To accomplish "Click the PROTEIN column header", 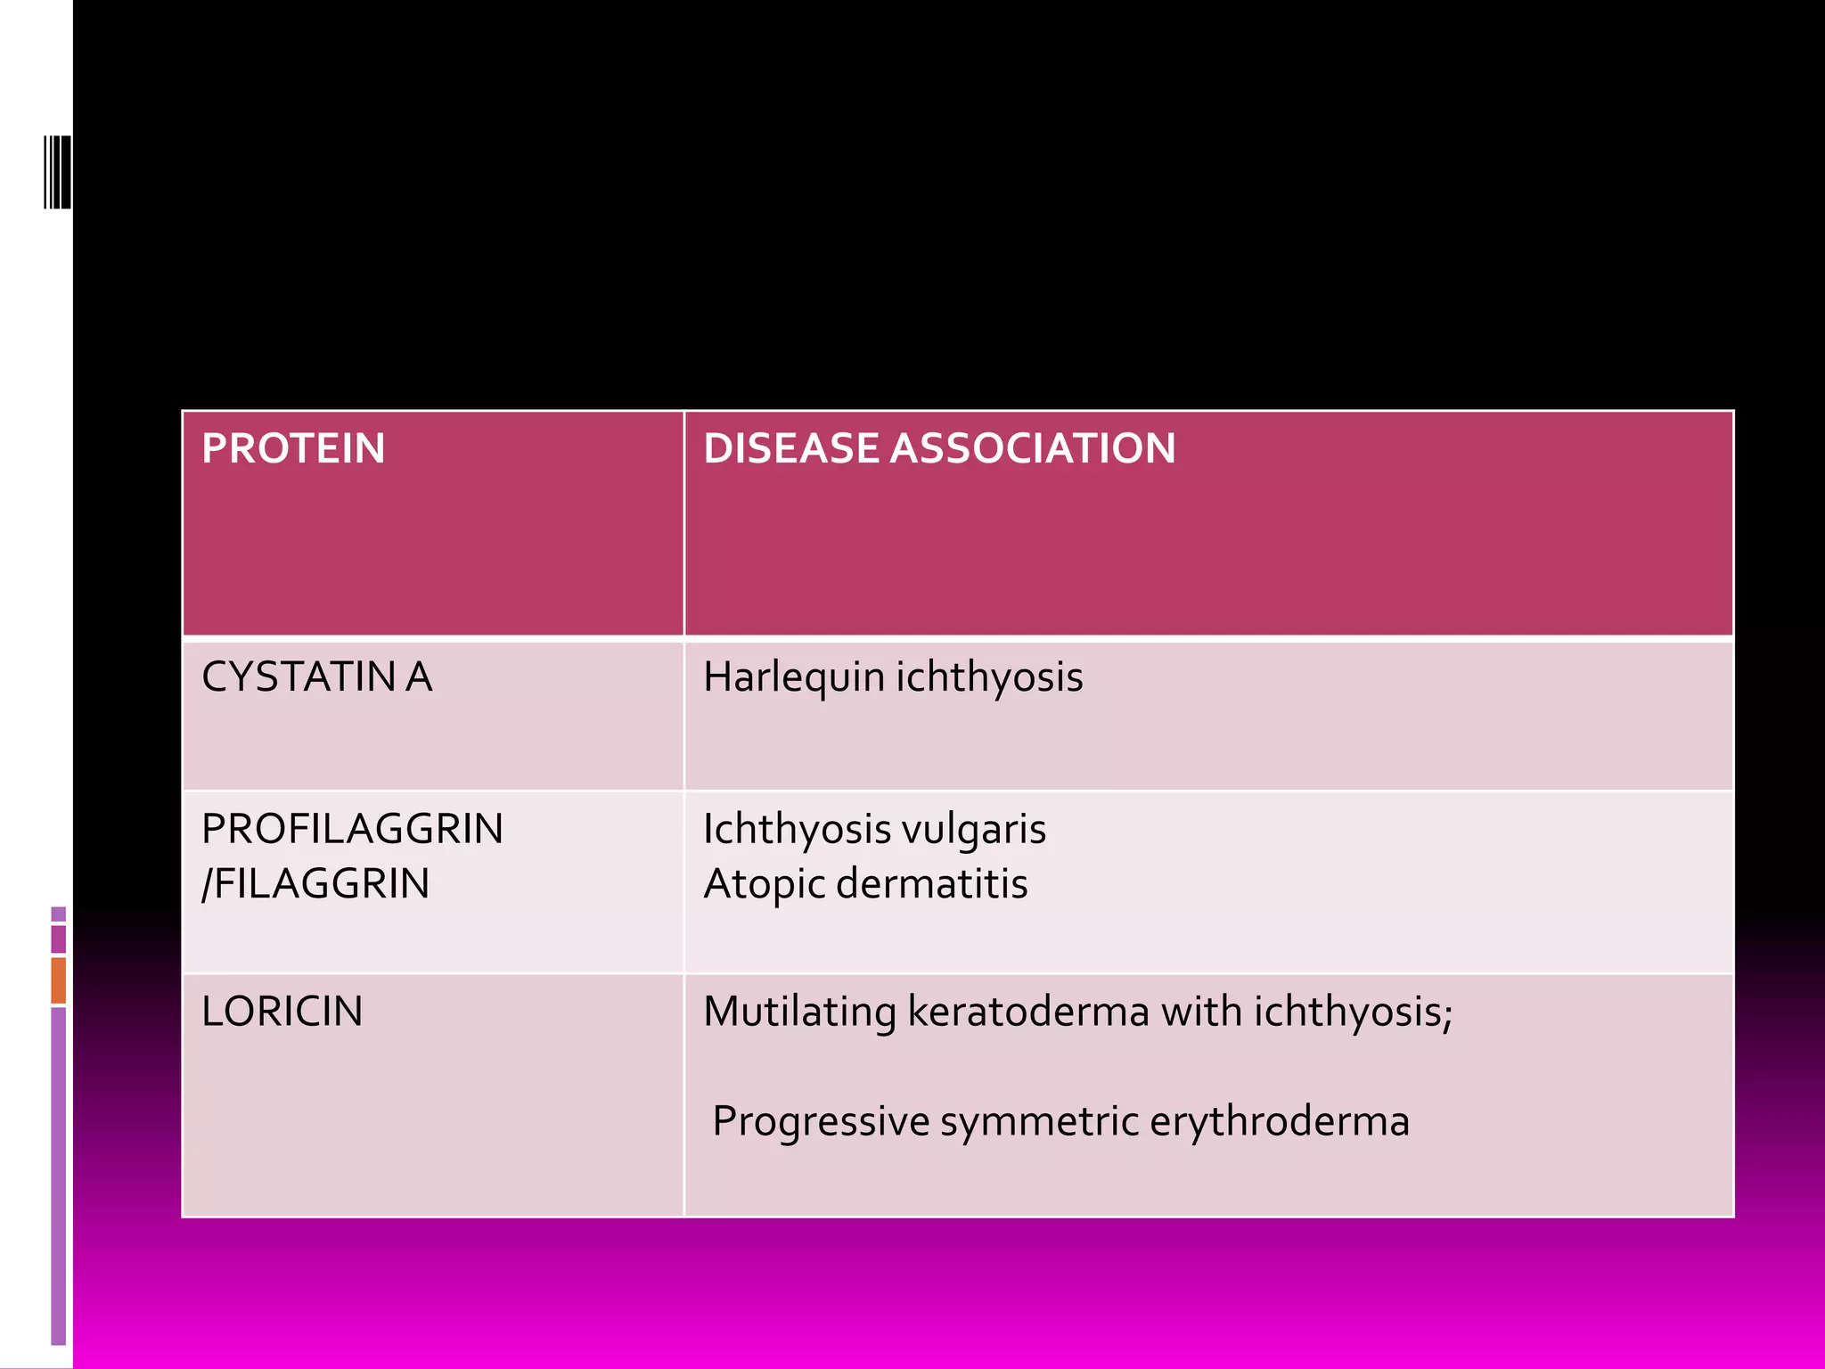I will pos(293,448).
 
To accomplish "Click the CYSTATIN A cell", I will pos(316,677).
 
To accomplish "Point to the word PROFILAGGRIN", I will pos(352,829).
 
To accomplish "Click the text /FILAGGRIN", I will pos(315,884).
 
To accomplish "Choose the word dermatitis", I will pos(932,884).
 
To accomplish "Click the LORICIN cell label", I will pos(282,1012).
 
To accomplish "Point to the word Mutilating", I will pos(799,1012).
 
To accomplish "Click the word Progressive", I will pos(821,1121).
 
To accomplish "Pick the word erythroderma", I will pos(1280,1121).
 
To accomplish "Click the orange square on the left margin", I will pos(58,980).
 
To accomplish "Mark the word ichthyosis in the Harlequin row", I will pos(989,677).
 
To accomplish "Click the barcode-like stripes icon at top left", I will pos(57,171).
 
